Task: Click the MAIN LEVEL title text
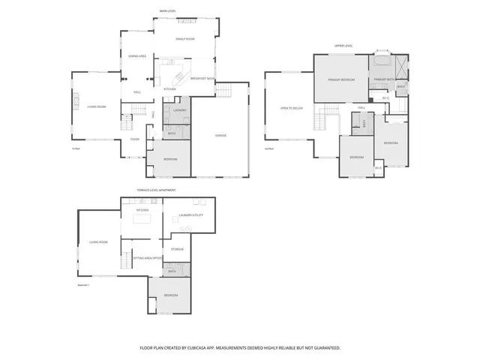coord(168,10)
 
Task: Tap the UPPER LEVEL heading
coord(343,46)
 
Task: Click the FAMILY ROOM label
coord(184,38)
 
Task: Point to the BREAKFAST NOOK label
coord(203,78)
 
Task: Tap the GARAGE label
coord(220,135)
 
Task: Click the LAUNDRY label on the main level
coord(179,110)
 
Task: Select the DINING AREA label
coord(136,55)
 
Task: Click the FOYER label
coord(134,139)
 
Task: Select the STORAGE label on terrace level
coord(177,248)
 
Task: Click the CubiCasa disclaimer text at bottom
coord(240,348)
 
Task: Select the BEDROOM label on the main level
coord(171,159)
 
